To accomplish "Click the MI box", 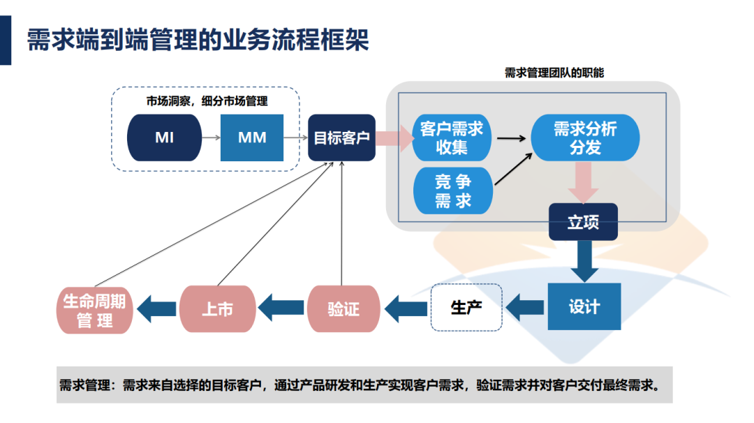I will (x=164, y=138).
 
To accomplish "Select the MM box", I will (x=252, y=138).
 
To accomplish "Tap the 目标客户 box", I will (x=341, y=138).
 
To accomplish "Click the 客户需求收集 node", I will (x=452, y=138).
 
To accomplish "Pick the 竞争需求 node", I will (x=453, y=191).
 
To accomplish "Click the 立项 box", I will (x=583, y=222).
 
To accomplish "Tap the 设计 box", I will (x=584, y=306).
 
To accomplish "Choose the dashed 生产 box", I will (x=466, y=307).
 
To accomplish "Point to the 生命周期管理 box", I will (x=94, y=310).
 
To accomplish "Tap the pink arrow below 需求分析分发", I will (x=583, y=183).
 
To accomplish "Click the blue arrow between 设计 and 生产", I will (x=525, y=307).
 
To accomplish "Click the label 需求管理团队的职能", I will (x=554, y=73).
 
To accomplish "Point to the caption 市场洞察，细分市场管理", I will (x=207, y=101).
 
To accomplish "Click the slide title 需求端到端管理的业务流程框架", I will (x=198, y=40).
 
